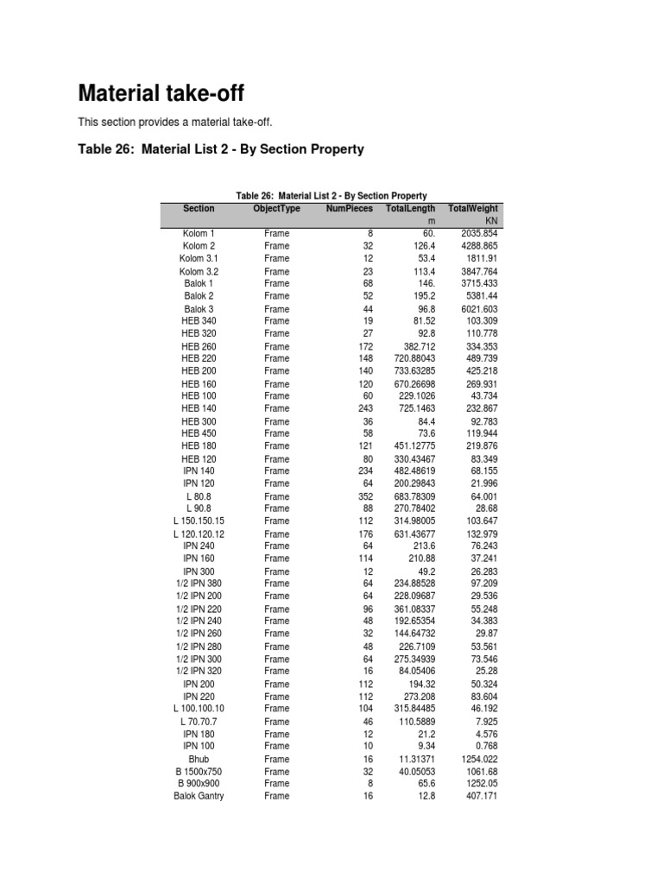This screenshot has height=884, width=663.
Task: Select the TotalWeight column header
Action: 472,209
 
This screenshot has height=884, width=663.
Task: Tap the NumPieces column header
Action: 349,209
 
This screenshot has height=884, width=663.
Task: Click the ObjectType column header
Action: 277,209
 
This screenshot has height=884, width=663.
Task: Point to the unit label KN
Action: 491,222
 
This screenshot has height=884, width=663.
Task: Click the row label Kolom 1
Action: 199,234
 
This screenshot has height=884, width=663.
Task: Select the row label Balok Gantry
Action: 199,796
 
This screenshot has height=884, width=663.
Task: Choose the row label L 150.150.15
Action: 199,521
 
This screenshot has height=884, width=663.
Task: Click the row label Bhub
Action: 199,759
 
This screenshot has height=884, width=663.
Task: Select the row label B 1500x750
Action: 199,772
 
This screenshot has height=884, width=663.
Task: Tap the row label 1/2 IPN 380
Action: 199,584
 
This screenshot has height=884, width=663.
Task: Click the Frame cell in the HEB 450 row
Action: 277,433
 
